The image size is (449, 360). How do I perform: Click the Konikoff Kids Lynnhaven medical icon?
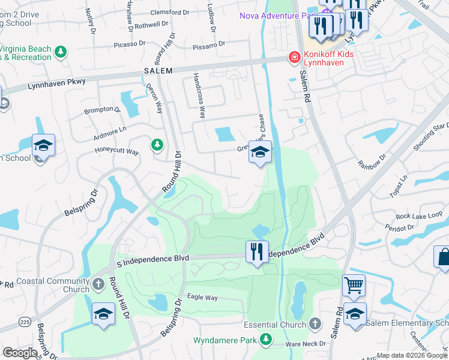coord(294,58)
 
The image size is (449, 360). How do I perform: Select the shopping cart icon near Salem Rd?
coord(354,286)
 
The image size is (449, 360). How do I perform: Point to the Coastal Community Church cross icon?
coord(98,283)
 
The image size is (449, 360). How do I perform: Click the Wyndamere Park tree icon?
coord(265,340)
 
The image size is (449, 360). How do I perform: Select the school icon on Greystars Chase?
coord(260,152)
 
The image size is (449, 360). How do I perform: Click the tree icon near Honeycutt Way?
coord(157,145)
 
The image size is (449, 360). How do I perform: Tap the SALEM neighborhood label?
coord(158,71)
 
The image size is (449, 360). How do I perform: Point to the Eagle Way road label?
coord(201,296)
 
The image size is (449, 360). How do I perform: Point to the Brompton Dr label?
coord(102,110)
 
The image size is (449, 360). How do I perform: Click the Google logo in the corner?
coord(20,353)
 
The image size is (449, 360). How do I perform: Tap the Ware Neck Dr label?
coord(306,344)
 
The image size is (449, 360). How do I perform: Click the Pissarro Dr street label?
coord(208,44)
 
